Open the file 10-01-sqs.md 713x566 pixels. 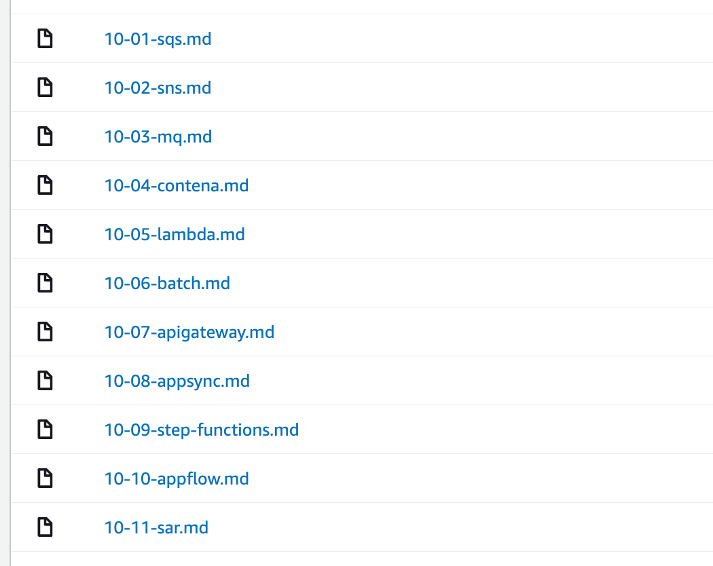pyautogui.click(x=158, y=39)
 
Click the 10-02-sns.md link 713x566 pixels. pyautogui.click(x=158, y=88)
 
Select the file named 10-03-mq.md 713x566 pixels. pyautogui.click(x=158, y=137)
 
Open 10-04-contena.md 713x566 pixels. pyautogui.click(x=177, y=185)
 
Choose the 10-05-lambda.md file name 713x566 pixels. pyautogui.click(x=175, y=235)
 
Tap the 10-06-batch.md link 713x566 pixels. pyautogui.click(x=167, y=283)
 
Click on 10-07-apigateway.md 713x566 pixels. pyautogui.click(x=189, y=333)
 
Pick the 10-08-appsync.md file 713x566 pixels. pyautogui.click(x=177, y=381)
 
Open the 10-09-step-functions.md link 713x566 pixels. pyautogui.click(x=202, y=430)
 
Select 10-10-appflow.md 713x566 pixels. pyautogui.click(x=177, y=478)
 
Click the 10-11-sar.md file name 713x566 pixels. pyautogui.click(x=156, y=528)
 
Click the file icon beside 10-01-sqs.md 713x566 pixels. pyautogui.click(x=45, y=38)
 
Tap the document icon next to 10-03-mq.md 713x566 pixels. pyautogui.click(x=45, y=136)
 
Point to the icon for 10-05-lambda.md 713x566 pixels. pyautogui.click(x=45, y=233)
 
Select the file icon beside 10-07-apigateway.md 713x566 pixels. pyautogui.click(x=45, y=331)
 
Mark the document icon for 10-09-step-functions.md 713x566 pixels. pyautogui.click(x=45, y=429)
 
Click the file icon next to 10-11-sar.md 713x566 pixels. pyautogui.click(x=45, y=527)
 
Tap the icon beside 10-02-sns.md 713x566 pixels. pyautogui.click(x=45, y=88)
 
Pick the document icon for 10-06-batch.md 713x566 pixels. pyautogui.click(x=45, y=283)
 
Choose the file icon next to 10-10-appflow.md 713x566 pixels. pyautogui.click(x=45, y=478)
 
